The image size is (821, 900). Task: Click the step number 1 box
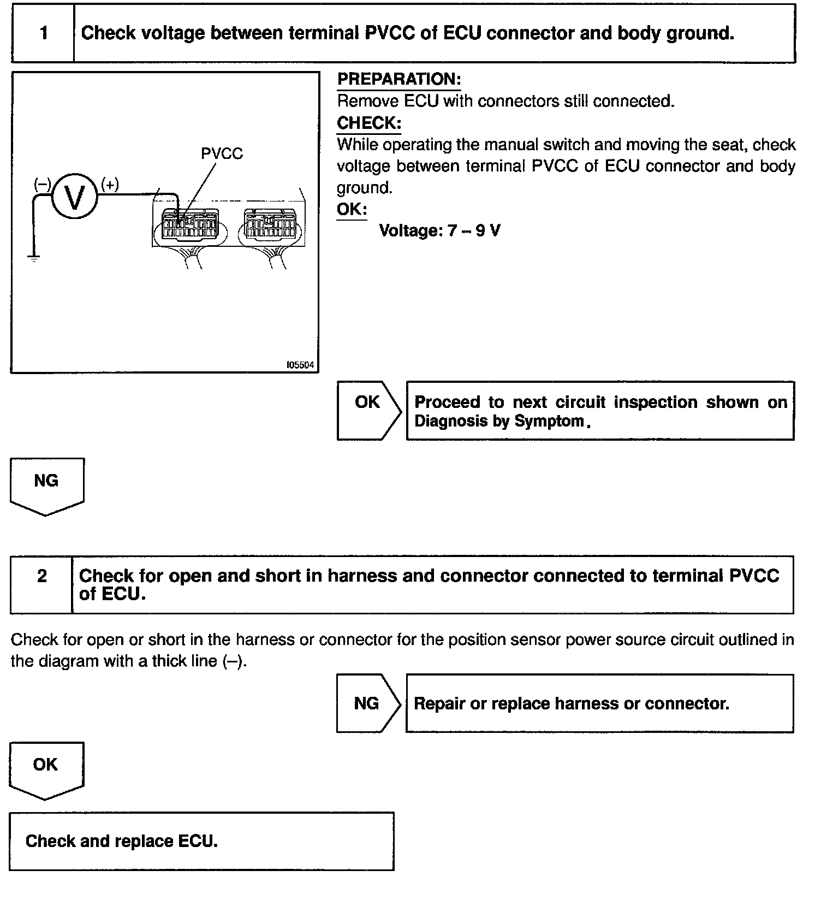tap(43, 33)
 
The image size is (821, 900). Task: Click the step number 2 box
tap(41, 585)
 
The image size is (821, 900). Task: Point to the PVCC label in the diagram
tap(222, 154)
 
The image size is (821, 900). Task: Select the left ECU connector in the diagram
tap(189, 226)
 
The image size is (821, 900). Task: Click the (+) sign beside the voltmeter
tap(110, 185)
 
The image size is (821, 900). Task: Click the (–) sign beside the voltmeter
tap(42, 185)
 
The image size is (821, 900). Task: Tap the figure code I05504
tap(300, 365)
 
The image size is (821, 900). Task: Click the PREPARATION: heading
tap(399, 80)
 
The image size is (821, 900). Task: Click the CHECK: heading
tap(369, 123)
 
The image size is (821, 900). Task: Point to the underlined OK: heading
tap(352, 209)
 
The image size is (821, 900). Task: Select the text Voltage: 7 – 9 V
tap(439, 230)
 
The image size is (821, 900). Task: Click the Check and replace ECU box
tap(201, 841)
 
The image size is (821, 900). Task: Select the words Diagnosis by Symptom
tap(499, 421)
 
